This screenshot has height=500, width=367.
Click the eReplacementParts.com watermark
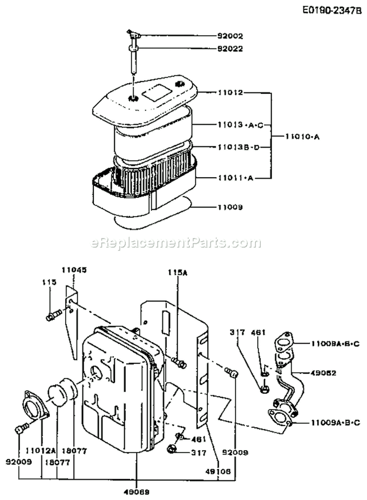click(x=177, y=243)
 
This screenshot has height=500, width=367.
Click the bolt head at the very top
click(x=134, y=33)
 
